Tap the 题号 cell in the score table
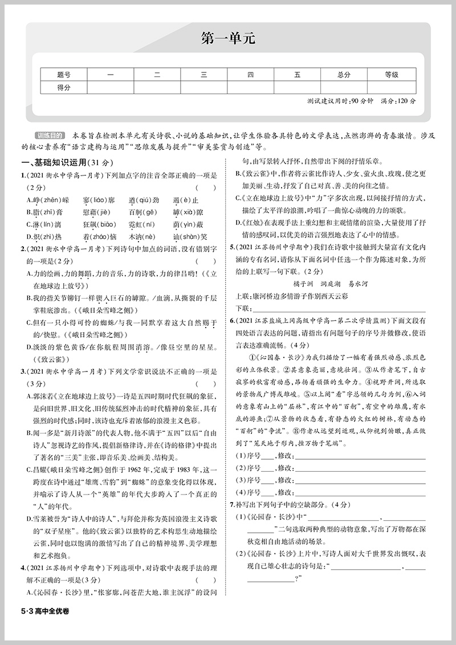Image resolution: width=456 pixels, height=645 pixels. [64, 74]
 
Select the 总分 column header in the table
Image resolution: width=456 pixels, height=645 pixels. [343, 74]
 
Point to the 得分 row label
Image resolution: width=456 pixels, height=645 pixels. [64, 87]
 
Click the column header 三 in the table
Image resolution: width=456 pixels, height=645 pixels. [203, 74]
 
